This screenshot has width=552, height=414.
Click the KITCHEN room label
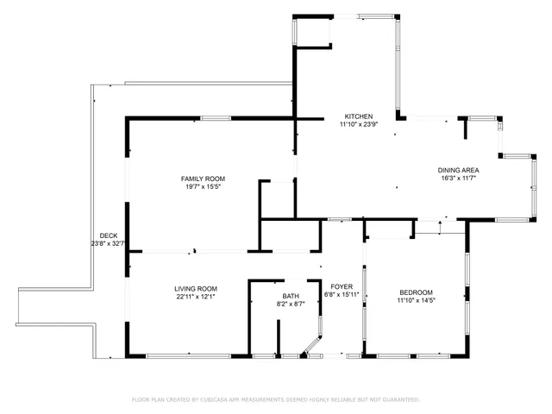[x=358, y=116]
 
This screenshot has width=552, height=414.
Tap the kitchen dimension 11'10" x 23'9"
[x=358, y=124]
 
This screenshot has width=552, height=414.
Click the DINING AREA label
[x=459, y=170]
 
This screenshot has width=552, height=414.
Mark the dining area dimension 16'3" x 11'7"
[x=459, y=179]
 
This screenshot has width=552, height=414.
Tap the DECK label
[x=109, y=235]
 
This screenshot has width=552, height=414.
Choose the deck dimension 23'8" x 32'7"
[x=109, y=243]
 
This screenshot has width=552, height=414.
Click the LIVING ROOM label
[x=196, y=289]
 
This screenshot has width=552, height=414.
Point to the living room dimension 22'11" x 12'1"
[x=196, y=297]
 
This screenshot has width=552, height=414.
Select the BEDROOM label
[x=415, y=292]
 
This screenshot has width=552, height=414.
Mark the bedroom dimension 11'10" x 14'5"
[x=415, y=301]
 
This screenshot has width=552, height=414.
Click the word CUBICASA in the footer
[x=216, y=400]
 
